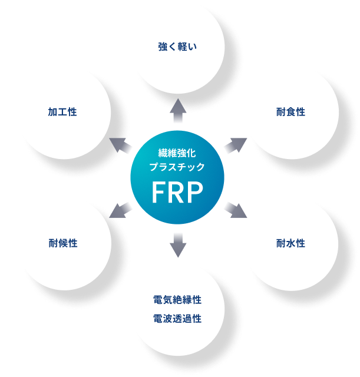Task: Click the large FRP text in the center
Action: [x=177, y=192]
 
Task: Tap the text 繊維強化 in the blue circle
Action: [x=177, y=152]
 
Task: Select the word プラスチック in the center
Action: [x=177, y=167]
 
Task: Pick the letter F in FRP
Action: [x=158, y=192]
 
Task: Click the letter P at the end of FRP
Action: [x=196, y=192]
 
